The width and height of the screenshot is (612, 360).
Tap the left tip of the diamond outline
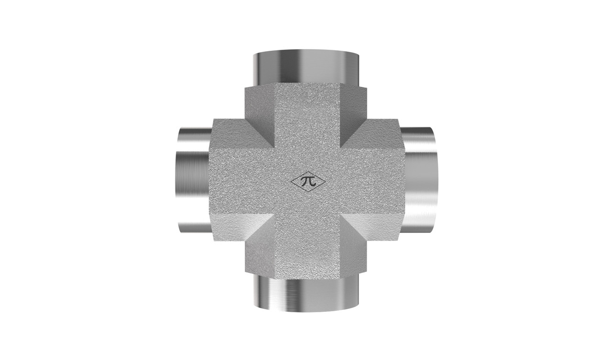point(291,182)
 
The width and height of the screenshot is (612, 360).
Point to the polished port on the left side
point(194,180)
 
